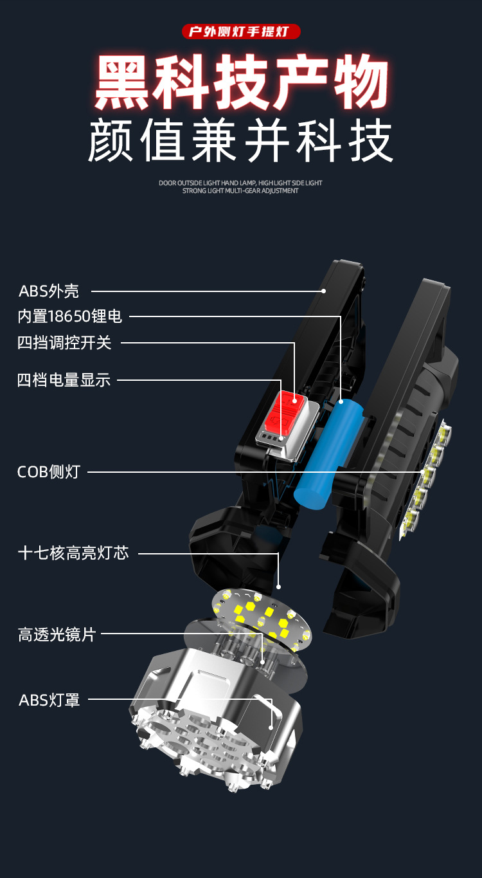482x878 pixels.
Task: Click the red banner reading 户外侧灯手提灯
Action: pos(240,32)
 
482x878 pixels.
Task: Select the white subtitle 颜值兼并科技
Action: pos(240,141)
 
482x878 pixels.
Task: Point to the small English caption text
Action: pos(240,187)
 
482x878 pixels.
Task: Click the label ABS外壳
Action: pos(49,291)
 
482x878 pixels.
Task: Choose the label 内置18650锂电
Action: pos(69,316)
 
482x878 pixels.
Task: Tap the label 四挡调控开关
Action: pos(64,343)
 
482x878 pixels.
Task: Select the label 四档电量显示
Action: pos(64,380)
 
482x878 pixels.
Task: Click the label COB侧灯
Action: pos(48,471)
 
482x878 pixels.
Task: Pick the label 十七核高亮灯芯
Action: pos(73,553)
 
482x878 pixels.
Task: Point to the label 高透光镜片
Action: pos(57,635)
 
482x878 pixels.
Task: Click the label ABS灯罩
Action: pos(49,700)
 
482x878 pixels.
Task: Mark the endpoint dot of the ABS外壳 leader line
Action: pos(324,291)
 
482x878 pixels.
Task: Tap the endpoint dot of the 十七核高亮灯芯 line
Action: pos(278,586)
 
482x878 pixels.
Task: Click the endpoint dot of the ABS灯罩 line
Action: pos(271,727)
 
